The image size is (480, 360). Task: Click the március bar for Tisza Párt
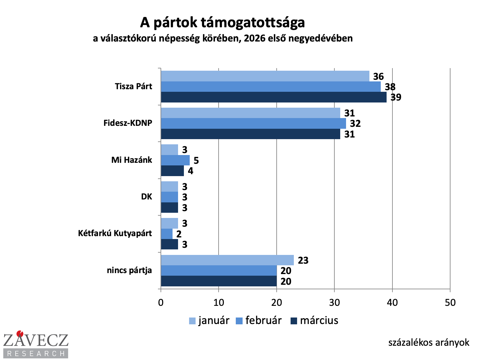(x=273, y=97)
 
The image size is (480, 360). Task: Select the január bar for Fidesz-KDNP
(x=250, y=113)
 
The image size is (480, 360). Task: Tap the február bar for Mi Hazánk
(x=175, y=160)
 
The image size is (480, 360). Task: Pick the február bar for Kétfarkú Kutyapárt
(x=167, y=234)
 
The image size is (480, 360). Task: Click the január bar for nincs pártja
(x=227, y=260)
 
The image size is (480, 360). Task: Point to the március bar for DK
(x=169, y=208)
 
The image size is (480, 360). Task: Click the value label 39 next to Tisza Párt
(x=396, y=97)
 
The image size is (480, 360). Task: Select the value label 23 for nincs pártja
(x=303, y=260)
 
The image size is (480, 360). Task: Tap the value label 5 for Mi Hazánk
(x=196, y=161)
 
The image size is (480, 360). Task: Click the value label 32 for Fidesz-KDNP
(x=355, y=124)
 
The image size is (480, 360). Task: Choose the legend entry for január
(x=209, y=320)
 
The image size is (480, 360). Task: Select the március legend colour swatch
(x=294, y=321)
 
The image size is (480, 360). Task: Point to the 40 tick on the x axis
(x=392, y=303)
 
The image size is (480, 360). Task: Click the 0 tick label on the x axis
(x=161, y=303)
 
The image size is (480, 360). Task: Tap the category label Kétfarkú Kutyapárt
(x=115, y=234)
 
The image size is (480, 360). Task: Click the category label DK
(x=147, y=197)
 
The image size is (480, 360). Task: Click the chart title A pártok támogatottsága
(x=222, y=23)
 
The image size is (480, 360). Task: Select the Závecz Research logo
(x=36, y=344)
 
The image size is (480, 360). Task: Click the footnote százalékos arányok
(x=429, y=342)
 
